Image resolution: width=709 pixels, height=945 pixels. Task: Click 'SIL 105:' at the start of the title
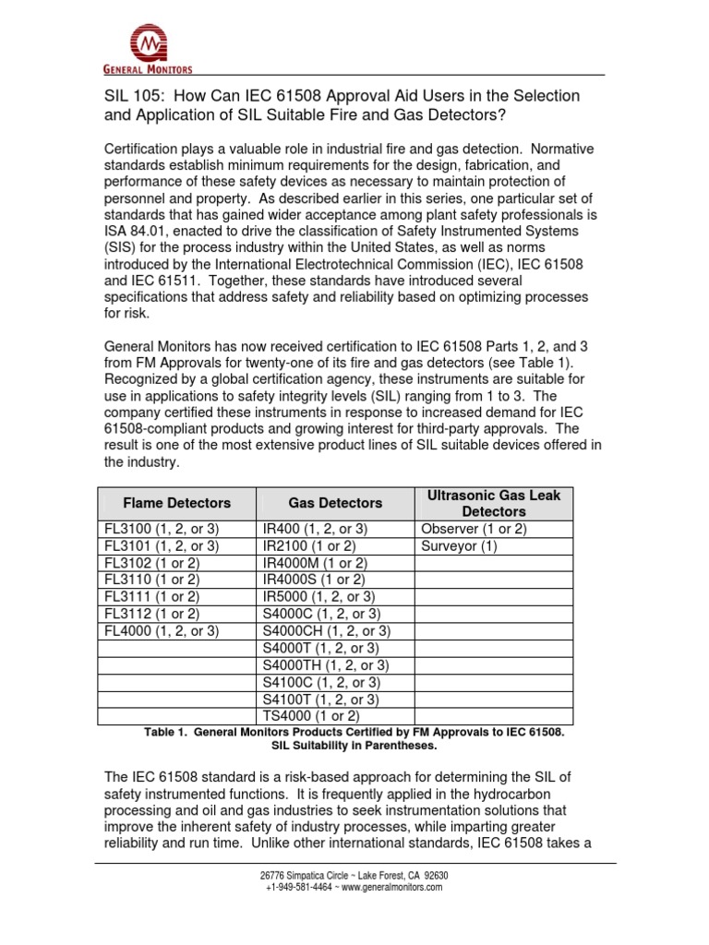point(129,96)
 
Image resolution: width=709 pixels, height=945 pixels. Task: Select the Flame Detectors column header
point(177,503)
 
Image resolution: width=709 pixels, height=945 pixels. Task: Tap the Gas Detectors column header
point(335,503)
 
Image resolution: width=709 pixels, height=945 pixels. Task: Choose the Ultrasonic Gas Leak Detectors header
point(494,503)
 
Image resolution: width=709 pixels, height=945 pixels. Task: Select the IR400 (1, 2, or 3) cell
point(315,529)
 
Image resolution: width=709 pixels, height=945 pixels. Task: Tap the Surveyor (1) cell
point(459,545)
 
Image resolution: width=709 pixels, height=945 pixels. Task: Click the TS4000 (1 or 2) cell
point(311,715)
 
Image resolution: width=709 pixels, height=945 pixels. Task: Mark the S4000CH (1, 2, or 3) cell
point(327,630)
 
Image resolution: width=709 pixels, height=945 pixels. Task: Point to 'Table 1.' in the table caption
point(169,732)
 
